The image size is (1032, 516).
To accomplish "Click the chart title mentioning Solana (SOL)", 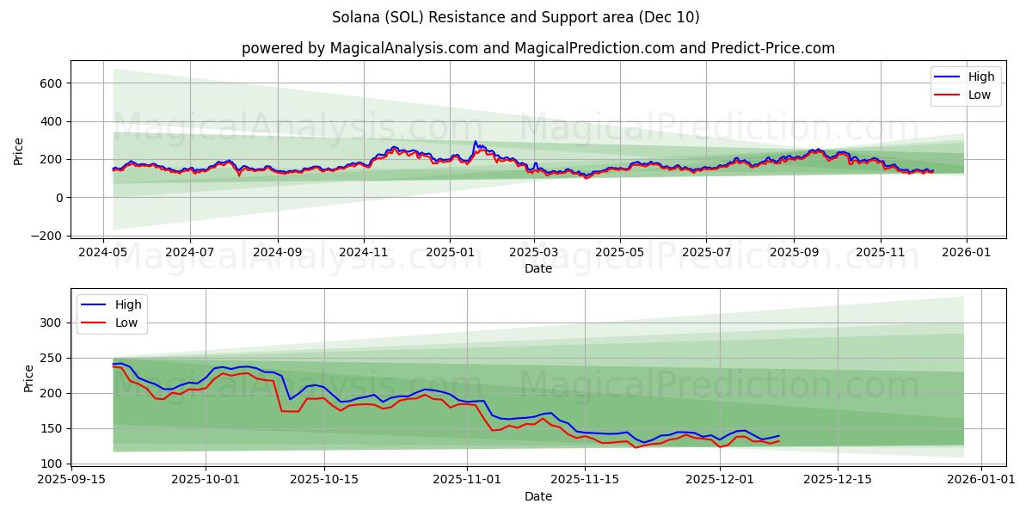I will [515, 17].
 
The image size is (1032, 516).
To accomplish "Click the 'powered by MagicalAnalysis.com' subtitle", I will [537, 48].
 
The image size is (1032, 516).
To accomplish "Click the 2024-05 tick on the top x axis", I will [104, 254].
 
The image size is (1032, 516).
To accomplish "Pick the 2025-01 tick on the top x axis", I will [450, 254].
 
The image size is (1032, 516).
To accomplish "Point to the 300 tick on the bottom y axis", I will [52, 322].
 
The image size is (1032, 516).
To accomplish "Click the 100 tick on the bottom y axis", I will [52, 464].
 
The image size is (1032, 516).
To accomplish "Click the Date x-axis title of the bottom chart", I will [537, 496].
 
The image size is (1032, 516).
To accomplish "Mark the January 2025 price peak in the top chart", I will [475, 142].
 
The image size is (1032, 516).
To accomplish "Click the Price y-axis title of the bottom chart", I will [29, 378].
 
